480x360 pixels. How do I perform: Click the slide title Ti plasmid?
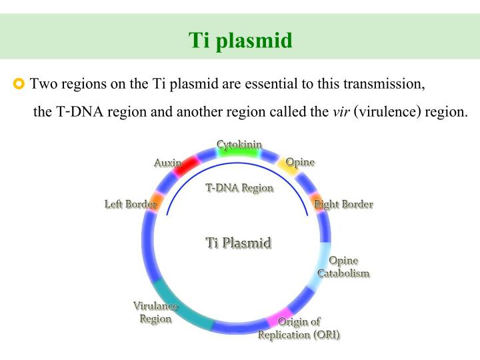point(240,41)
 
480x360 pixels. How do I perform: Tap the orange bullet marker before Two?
point(19,84)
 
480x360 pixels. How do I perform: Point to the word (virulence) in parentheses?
point(385,111)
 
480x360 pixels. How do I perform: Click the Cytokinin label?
point(239,144)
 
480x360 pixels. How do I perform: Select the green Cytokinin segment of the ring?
point(239,153)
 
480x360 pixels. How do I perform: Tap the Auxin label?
point(167,163)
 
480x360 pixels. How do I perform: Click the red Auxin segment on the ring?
point(186,165)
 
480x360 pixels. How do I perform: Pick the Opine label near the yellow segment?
point(300,162)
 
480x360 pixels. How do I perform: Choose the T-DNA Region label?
point(239,188)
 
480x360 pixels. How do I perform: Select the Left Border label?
point(130,204)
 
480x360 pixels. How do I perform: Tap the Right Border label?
point(344,204)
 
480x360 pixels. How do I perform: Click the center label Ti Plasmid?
point(239,242)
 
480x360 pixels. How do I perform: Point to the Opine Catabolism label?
point(343,267)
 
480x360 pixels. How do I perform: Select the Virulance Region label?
point(155,312)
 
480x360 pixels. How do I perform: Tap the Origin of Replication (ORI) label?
point(299,328)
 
